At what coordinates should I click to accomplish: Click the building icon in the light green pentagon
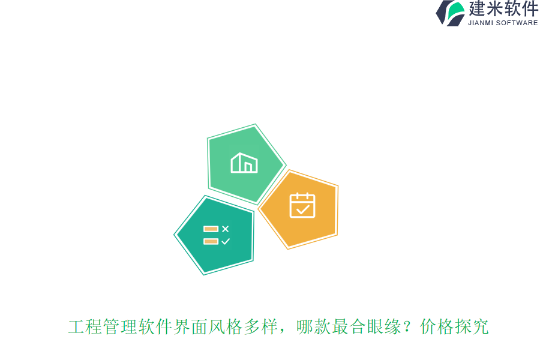point(244,163)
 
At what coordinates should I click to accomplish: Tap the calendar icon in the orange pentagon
point(302,205)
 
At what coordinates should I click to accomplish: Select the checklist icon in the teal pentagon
point(217,235)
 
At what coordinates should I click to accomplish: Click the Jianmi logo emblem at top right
point(450,13)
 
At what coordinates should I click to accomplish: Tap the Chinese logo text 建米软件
point(503,9)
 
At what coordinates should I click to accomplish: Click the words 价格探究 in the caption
point(454,327)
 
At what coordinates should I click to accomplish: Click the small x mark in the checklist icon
point(226,229)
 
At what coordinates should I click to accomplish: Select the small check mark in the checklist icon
point(226,241)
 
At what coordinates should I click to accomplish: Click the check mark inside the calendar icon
point(303,209)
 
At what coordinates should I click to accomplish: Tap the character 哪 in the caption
point(305,327)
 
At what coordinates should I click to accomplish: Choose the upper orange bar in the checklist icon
point(211,229)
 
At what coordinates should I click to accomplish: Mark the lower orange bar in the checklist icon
point(211,241)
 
